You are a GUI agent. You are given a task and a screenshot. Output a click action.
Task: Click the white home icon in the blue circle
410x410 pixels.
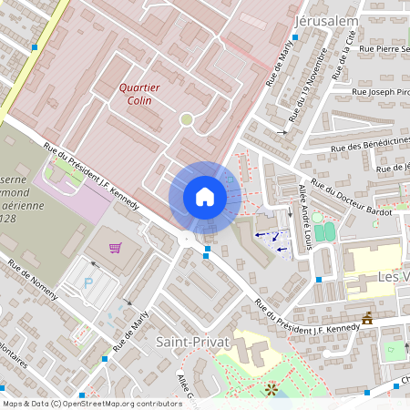pos(205,197)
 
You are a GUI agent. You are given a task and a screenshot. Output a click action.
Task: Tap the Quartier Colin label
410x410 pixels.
pos(139,94)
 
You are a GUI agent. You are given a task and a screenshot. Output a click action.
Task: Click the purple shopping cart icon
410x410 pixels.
pos(115,247)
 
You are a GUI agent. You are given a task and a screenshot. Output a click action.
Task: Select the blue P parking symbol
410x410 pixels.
pos(88,282)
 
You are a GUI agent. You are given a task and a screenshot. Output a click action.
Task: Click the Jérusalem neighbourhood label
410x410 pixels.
pos(327,20)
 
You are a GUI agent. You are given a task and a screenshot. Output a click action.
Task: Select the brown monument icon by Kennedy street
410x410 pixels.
pos(367,318)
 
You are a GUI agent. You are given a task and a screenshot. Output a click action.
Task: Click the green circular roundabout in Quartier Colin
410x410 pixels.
pos(186,119)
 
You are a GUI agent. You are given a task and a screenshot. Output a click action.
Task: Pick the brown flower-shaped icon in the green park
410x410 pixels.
pos(270,390)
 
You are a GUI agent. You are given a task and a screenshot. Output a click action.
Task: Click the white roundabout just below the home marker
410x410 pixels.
pos(187,239)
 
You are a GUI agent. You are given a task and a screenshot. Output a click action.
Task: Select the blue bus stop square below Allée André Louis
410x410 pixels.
pos(318,279)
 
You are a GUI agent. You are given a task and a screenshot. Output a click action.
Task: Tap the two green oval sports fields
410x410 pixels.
pos(323,228)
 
